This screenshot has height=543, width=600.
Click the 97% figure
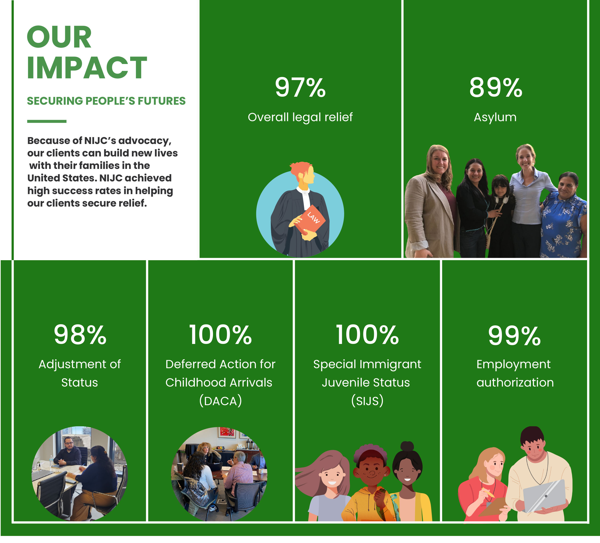300,87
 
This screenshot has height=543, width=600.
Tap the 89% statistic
496,87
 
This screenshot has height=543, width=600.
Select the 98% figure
80,335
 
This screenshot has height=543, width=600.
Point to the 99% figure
514,335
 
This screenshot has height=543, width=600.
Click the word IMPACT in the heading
87,68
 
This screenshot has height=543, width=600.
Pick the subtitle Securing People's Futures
106,101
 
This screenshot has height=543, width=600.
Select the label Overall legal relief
300,117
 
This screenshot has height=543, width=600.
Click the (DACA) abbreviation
220,400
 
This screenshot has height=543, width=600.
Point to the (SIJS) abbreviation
367,400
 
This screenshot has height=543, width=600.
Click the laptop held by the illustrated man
544,495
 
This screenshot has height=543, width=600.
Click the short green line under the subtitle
47,121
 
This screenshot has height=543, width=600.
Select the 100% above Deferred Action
220,335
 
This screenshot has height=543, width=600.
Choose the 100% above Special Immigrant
367,335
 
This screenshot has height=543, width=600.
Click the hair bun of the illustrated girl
407,446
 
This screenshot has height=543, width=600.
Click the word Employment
513,364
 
